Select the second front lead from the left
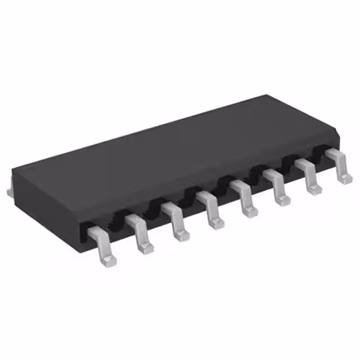[x=139, y=232]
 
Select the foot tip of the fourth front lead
[x=216, y=223]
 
